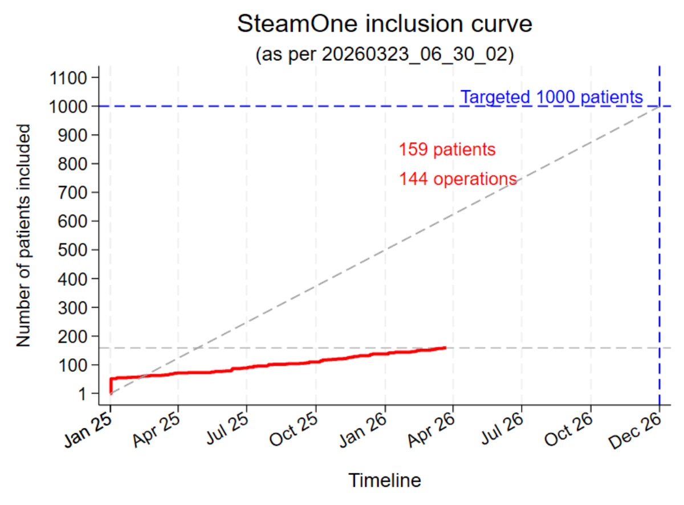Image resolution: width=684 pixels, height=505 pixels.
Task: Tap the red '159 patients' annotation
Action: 447,150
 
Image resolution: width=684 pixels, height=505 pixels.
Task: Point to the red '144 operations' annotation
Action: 458,179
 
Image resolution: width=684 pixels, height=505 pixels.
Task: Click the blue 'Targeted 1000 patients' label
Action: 552,98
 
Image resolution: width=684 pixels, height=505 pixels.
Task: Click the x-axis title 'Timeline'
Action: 385,481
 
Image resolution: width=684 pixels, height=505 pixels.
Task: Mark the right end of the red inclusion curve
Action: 445,348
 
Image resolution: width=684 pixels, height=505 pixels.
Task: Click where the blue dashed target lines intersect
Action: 659,106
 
